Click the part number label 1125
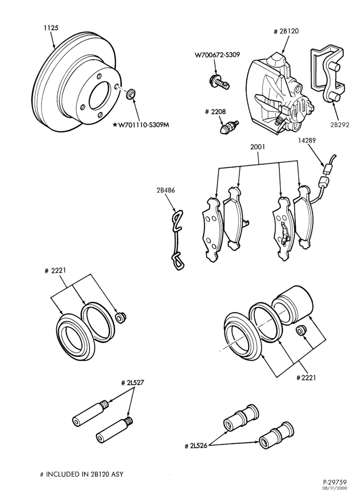coord(51,28)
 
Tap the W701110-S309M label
coord(141,125)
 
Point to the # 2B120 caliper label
coord(285,31)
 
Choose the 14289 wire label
coord(307,140)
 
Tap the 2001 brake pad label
coord(258,147)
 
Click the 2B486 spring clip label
coord(165,191)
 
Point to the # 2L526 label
coord(196,446)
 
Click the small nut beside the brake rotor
coord(131,94)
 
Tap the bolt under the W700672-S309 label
coord(220,82)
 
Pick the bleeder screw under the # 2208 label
coord(229,127)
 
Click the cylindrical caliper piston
coord(293,304)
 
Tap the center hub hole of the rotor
coord(101,96)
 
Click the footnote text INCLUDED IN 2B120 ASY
coord(85,474)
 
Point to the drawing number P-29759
coord(335,482)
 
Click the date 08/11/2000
coord(337,488)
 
